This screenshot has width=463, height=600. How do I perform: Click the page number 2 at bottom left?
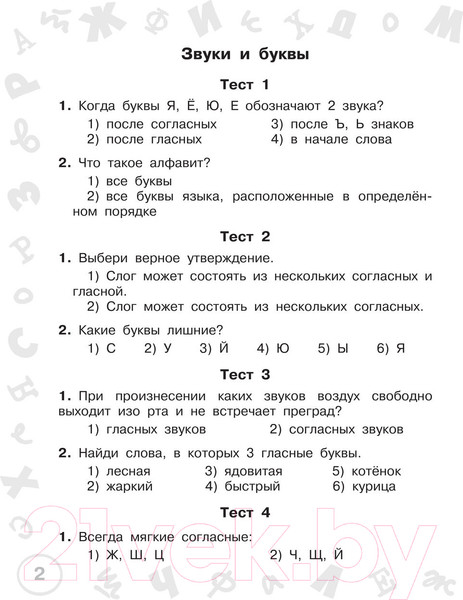pyautogui.click(x=39, y=574)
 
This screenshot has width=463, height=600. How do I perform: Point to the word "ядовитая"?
pyautogui.click(x=253, y=470)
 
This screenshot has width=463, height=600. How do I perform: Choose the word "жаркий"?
pyautogui.click(x=126, y=487)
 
